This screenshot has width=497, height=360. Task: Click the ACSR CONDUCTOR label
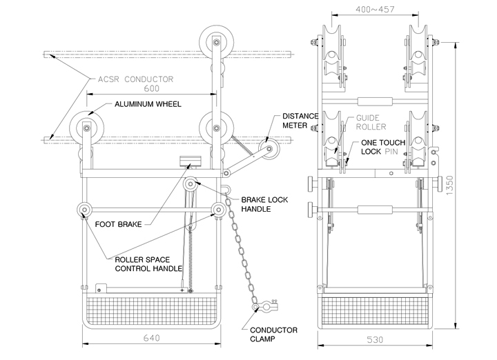135,79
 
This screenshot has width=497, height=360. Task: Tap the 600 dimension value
151,88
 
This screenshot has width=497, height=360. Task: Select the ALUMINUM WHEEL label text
148,104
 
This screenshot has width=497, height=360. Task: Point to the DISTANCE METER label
300,121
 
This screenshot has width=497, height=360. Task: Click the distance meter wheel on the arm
269,148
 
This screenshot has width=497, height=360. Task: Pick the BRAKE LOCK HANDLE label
264,204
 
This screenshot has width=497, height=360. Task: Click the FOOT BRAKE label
118,224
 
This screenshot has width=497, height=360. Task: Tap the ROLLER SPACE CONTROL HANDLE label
148,264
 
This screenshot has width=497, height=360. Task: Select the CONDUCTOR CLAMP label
273,334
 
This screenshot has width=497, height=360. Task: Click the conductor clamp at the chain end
266,306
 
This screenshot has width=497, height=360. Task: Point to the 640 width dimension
151,338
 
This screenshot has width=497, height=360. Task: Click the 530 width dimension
375,340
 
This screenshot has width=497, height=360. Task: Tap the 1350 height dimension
449,185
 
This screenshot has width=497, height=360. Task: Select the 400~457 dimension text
375,10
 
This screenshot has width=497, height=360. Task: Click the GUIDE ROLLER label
371,123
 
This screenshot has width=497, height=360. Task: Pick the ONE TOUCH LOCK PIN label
383,147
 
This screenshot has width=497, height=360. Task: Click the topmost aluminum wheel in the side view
217,43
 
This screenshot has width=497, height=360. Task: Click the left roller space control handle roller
85,209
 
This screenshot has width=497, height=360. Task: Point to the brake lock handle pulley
191,183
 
